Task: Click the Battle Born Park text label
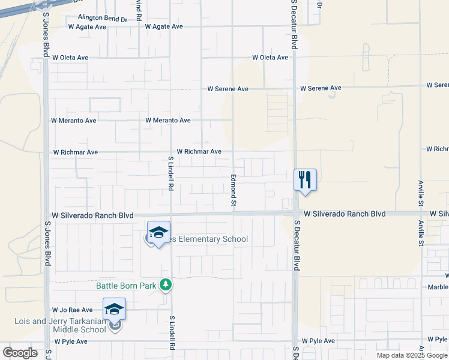coord(127,286)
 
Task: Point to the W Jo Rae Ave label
coord(73,310)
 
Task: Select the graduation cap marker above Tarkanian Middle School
coord(114,310)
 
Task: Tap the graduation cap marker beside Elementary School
coord(158,233)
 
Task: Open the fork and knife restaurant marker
coord(305,179)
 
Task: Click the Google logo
coord(20,353)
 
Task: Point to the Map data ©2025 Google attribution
coord(412,355)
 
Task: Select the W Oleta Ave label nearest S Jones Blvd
coord(70,58)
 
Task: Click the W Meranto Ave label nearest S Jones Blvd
coord(73,121)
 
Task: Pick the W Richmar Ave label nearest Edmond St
coord(199,152)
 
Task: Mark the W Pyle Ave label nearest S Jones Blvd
coord(71,341)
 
